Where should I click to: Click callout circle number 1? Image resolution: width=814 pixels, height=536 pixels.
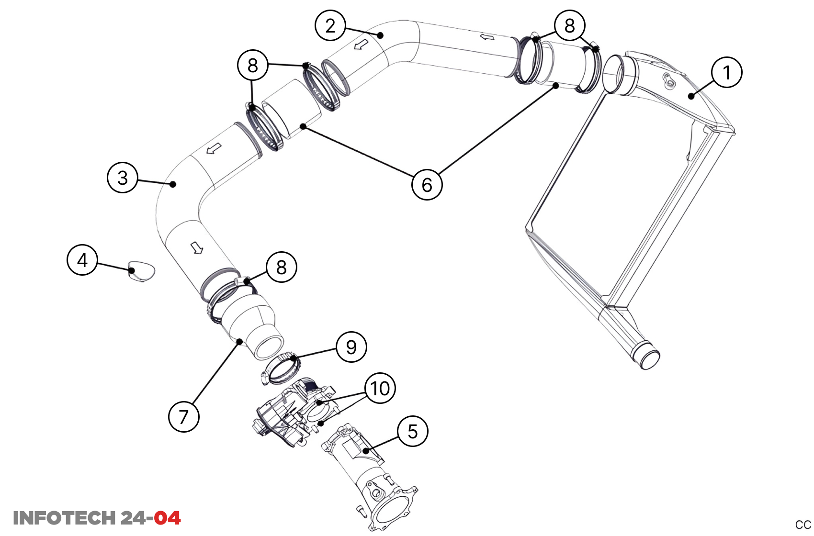click(726, 72)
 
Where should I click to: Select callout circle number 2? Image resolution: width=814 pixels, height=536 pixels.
click(330, 25)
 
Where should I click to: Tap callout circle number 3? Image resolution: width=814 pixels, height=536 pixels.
click(123, 178)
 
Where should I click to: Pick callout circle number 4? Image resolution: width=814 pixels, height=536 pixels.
click(82, 260)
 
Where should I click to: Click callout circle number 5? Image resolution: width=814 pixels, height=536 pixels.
click(412, 431)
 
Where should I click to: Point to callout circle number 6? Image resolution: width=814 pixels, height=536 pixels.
click(427, 184)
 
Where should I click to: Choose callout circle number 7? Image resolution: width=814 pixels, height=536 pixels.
click(183, 417)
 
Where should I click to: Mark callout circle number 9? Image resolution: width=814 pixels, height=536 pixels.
click(351, 347)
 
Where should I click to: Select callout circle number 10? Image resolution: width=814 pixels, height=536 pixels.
click(380, 388)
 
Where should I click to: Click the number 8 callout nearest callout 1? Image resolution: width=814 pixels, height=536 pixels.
click(569, 25)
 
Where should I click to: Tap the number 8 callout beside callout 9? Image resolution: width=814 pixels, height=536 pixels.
click(282, 267)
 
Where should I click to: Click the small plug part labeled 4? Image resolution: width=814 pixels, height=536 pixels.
click(142, 271)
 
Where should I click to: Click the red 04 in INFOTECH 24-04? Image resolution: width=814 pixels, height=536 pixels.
click(167, 518)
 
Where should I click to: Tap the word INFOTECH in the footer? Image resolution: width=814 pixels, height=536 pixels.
click(64, 518)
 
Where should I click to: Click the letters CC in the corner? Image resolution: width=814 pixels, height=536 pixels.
click(803, 525)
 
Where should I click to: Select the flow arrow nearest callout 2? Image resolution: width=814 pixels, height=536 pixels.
click(361, 45)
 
